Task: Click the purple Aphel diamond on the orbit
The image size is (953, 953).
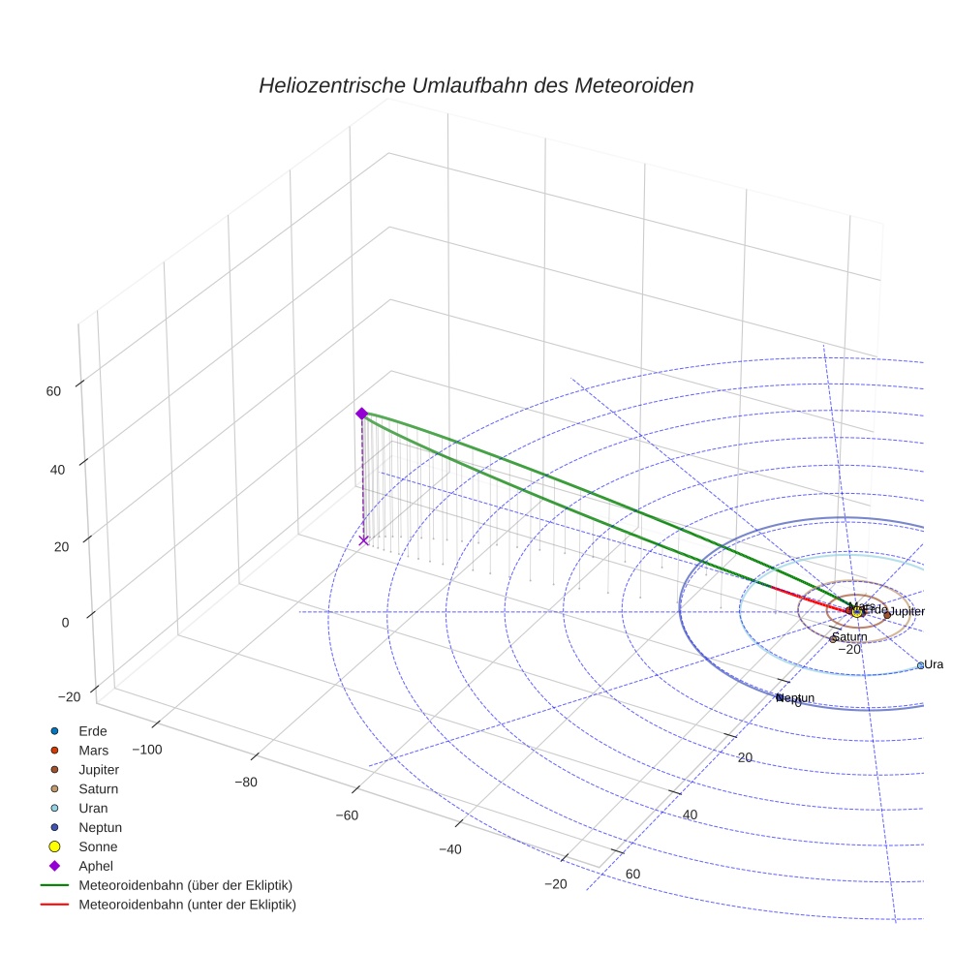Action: [361, 414]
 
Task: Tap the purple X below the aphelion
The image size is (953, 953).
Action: [364, 540]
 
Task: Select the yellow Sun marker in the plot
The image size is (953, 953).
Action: [858, 612]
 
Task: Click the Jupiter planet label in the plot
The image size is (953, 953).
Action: [907, 612]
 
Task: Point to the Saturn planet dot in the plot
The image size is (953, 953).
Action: [832, 639]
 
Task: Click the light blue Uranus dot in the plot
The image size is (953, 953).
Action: [920, 665]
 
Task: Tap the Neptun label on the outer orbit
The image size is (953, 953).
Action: [796, 698]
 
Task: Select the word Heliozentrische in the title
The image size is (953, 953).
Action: [331, 85]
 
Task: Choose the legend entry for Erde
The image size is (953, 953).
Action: [93, 730]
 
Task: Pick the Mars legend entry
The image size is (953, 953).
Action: [93, 750]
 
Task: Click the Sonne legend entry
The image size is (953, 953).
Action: [98, 846]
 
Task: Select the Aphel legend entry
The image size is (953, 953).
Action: [96, 866]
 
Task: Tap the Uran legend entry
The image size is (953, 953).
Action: [93, 808]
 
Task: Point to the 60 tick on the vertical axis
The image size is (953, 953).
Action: [52, 391]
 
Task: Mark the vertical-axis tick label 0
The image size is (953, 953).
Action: [64, 623]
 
